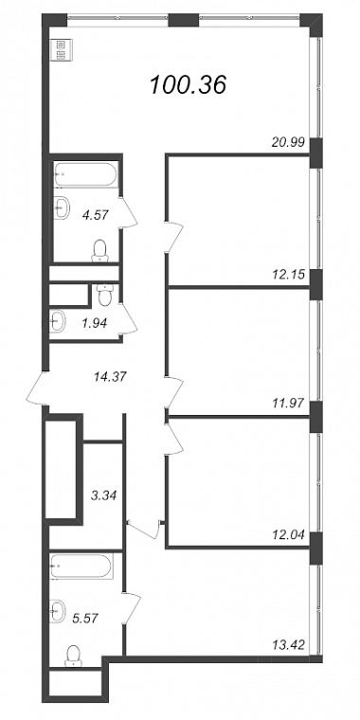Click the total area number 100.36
[189, 85]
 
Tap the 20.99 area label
[288, 142]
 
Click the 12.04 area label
[288, 534]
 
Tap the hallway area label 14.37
[109, 376]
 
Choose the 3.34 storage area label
[105, 495]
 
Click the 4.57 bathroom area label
[96, 214]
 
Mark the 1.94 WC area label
[94, 324]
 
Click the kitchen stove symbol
[61, 50]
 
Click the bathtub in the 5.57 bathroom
[81, 567]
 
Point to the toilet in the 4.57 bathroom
[99, 251]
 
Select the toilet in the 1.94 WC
[105, 295]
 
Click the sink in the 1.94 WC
[58, 321]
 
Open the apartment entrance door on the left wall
[38, 388]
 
